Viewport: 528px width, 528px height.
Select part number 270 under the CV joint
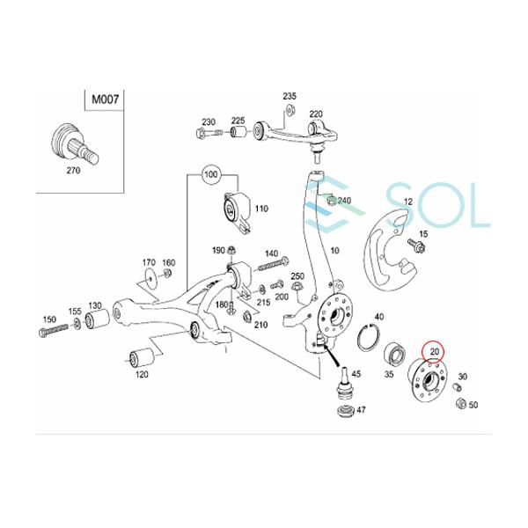pos(71,172)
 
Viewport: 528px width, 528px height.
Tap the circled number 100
pos(209,175)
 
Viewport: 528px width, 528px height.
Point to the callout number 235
pos(290,95)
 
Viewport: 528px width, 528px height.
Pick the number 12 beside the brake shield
pos(407,202)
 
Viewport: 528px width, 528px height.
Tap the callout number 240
pos(343,201)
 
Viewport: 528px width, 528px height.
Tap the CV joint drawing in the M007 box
pos(68,141)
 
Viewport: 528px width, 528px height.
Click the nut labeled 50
pos(459,403)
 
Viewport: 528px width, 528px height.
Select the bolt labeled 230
pos(203,135)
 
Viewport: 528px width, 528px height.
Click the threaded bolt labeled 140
pos(270,265)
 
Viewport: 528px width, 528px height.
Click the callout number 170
pos(149,262)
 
